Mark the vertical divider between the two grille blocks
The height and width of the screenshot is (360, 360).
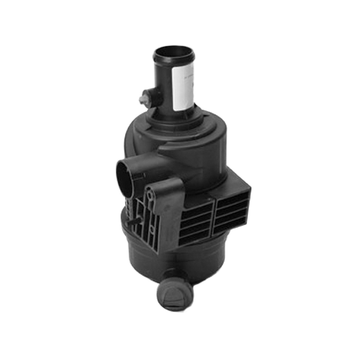click(x=215, y=216)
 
